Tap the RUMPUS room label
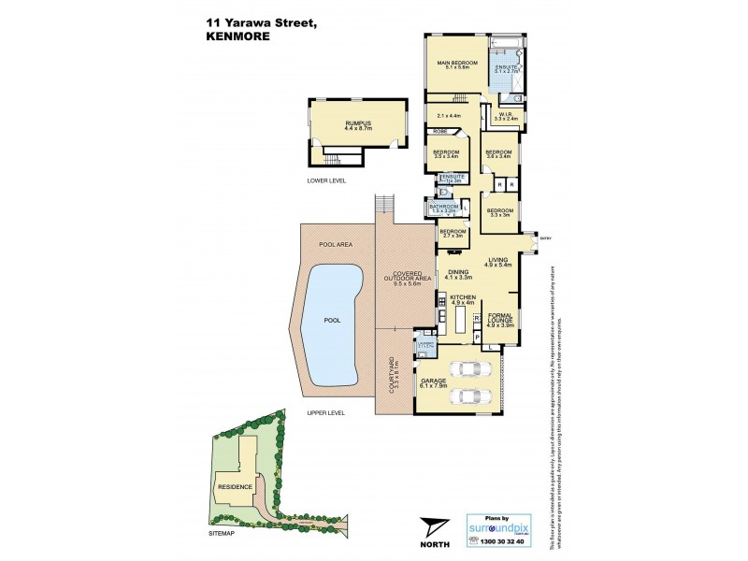pyautogui.click(x=358, y=122)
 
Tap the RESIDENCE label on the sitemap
pyautogui.click(x=235, y=486)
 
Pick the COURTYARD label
pyautogui.click(x=394, y=372)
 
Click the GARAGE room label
pyautogui.click(x=432, y=381)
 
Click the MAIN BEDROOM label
pyautogui.click(x=457, y=64)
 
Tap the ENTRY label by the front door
pyautogui.click(x=547, y=238)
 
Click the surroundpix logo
pyautogui.click(x=496, y=527)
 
